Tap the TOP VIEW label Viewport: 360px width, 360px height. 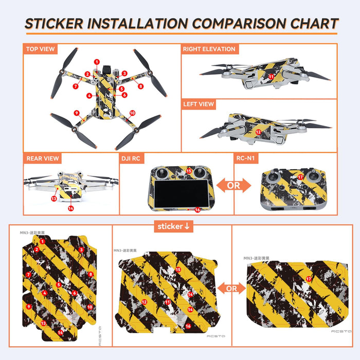(40, 49)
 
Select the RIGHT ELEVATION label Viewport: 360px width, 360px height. (209, 49)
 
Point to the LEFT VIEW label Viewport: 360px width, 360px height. (199, 104)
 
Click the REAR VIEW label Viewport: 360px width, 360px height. (43, 158)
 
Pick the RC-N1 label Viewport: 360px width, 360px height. (246, 158)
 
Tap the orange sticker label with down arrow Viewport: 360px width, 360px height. (174, 226)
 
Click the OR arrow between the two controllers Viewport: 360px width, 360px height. (233, 185)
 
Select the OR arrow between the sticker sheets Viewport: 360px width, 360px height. (231, 289)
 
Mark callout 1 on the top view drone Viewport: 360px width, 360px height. (97, 62)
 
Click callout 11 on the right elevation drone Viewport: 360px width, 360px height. (271, 76)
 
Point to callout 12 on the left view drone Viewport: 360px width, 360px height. (259, 132)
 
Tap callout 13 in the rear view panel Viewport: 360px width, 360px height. (54, 198)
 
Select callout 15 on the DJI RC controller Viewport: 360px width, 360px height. (188, 171)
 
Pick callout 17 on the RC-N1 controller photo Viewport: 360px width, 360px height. (301, 177)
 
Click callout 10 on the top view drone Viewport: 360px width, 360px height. (132, 113)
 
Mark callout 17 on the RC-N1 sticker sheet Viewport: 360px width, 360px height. (309, 279)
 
